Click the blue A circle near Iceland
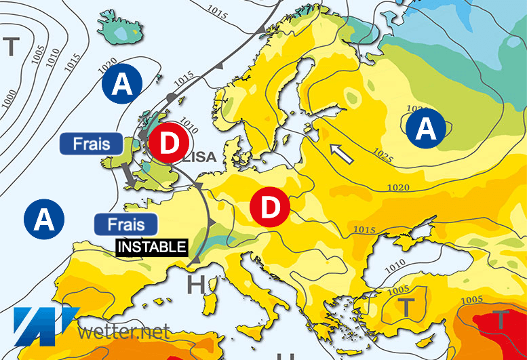[x=122, y=85]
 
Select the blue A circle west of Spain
[x=43, y=220]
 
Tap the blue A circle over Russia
[x=425, y=128]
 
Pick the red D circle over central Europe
[x=270, y=207]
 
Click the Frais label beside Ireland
[x=90, y=144]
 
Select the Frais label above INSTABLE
[x=126, y=224]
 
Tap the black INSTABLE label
[x=152, y=247]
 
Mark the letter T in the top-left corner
[x=11, y=47]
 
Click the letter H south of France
[x=195, y=285]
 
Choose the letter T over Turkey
[x=405, y=307]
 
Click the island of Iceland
[x=121, y=27]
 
